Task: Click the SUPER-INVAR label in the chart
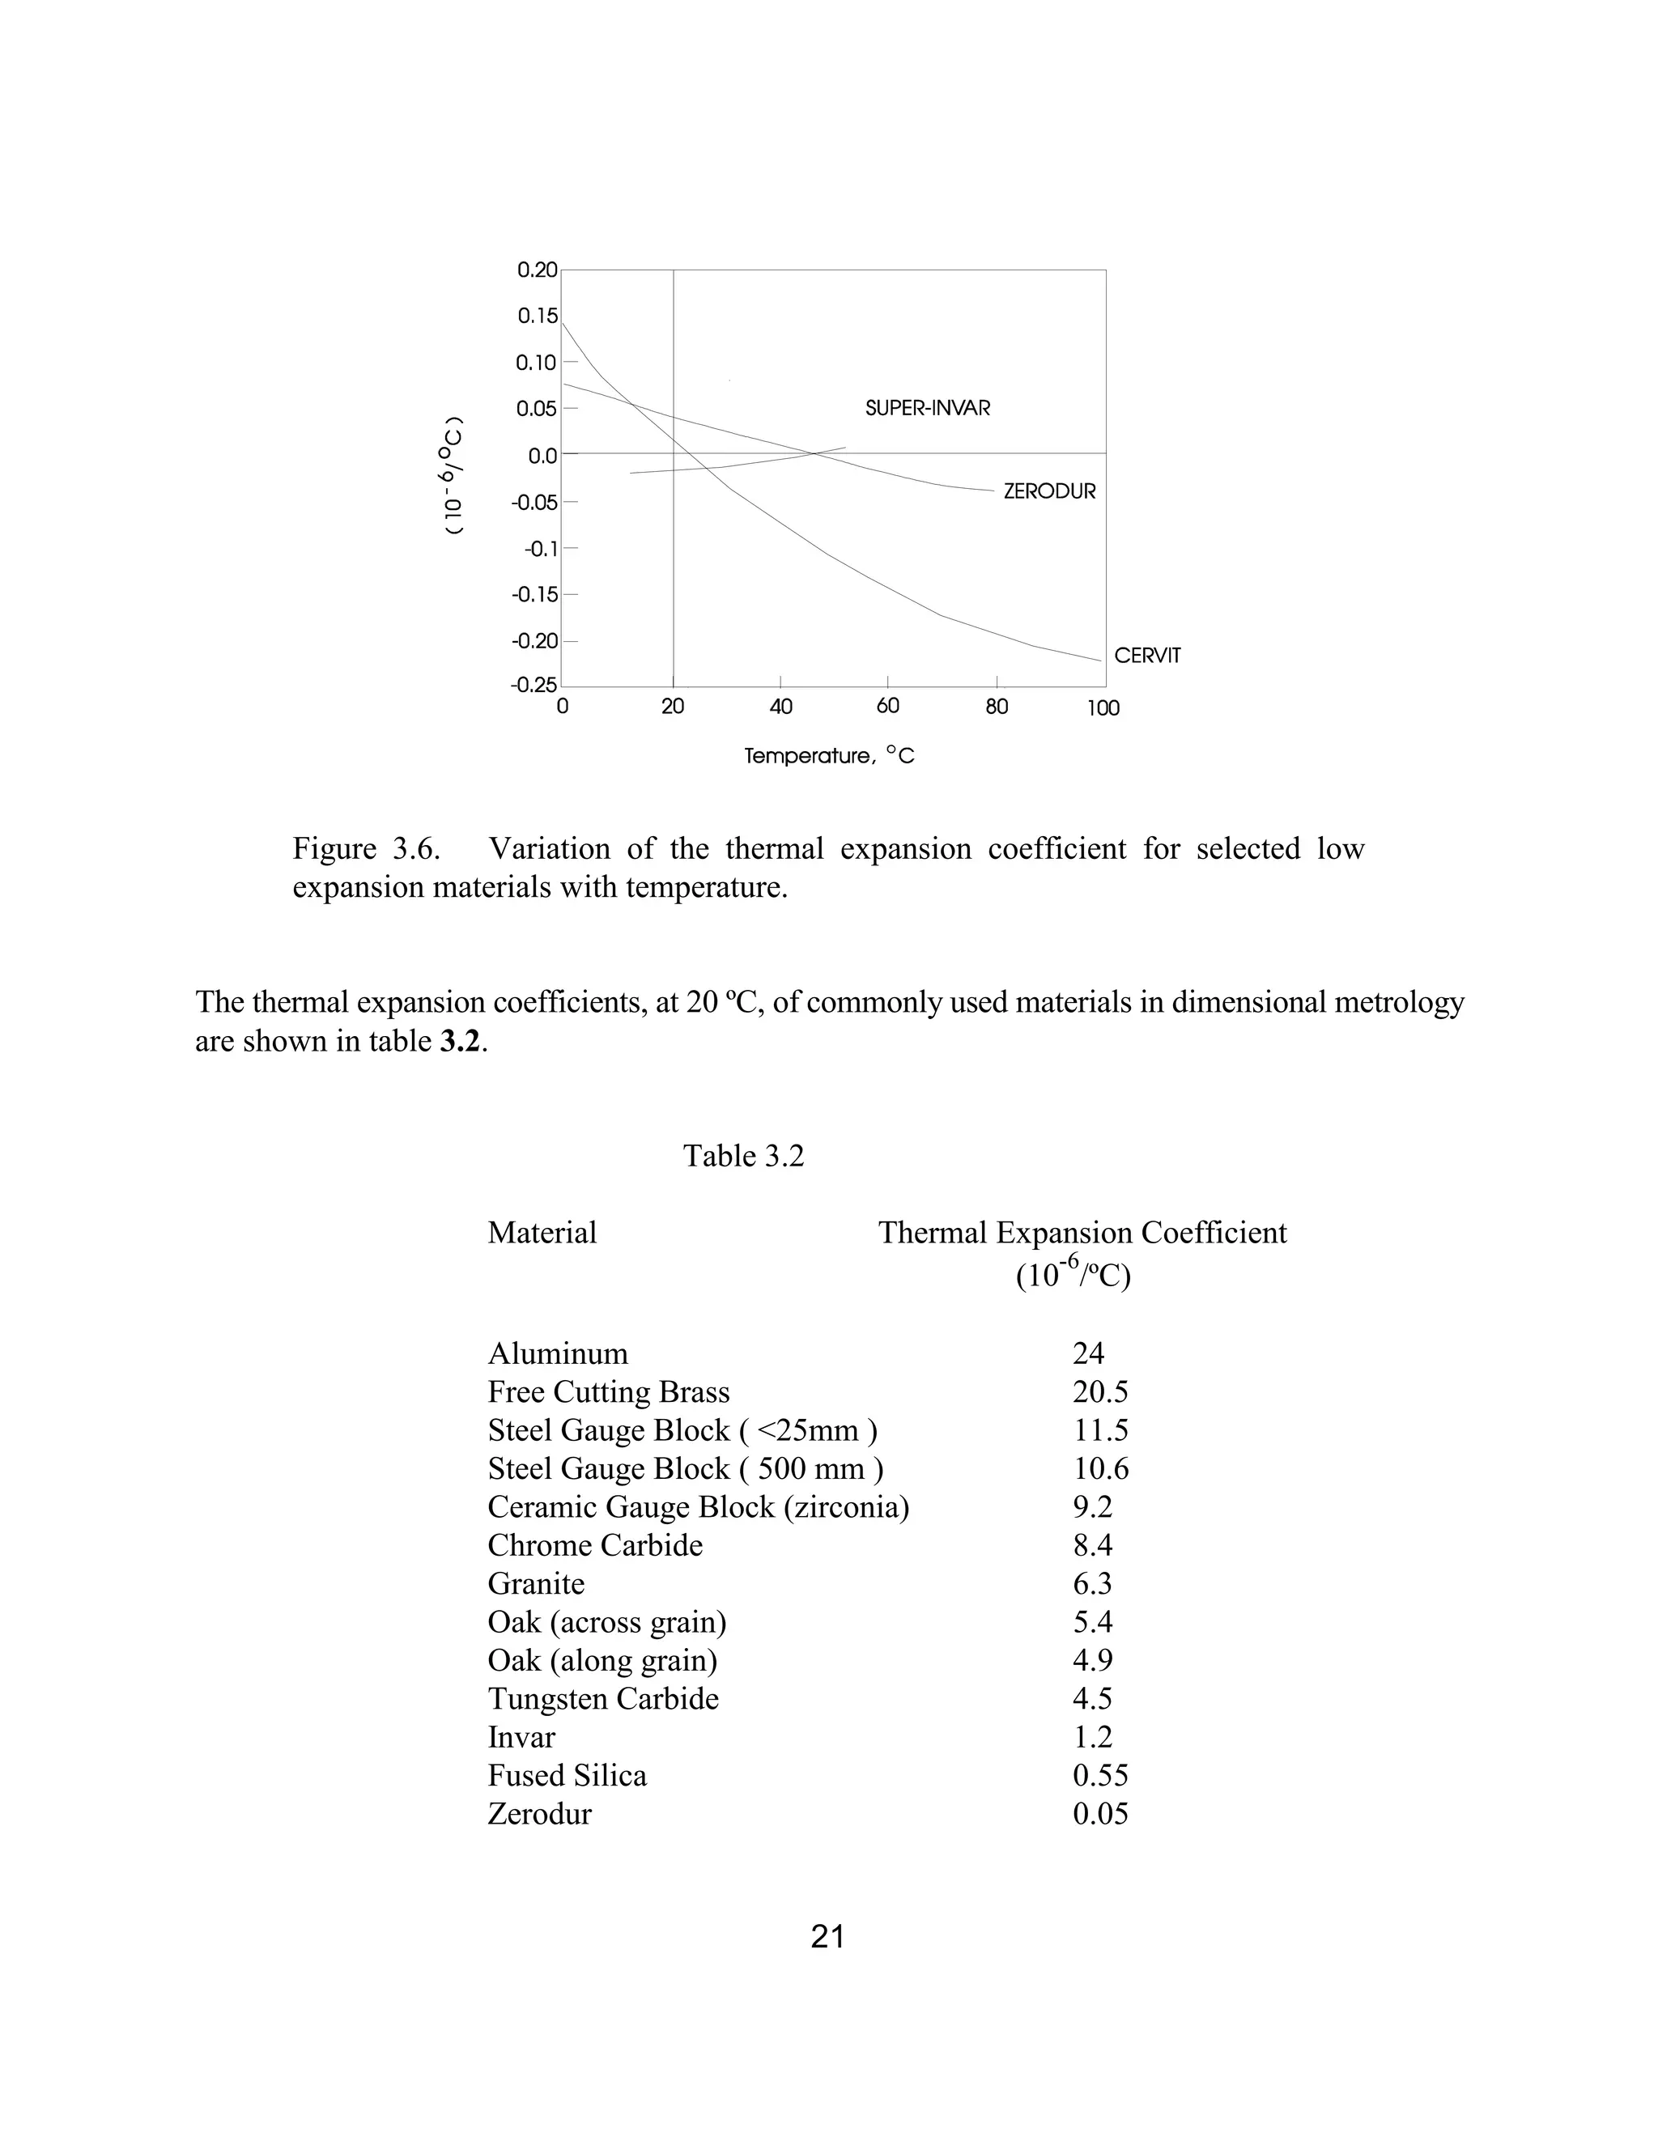927,409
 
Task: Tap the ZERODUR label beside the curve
1049,492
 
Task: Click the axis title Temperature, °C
829,756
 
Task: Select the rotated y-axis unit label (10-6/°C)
452,475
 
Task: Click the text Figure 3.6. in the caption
365,848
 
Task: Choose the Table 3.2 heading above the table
743,1156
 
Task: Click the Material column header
542,1233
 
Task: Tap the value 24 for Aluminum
1088,1353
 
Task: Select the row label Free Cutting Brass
608,1391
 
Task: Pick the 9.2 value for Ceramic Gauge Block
1092,1506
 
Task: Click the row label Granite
536,1584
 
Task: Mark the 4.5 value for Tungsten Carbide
1092,1699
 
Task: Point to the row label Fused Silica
567,1776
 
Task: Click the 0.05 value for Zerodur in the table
1100,1814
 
